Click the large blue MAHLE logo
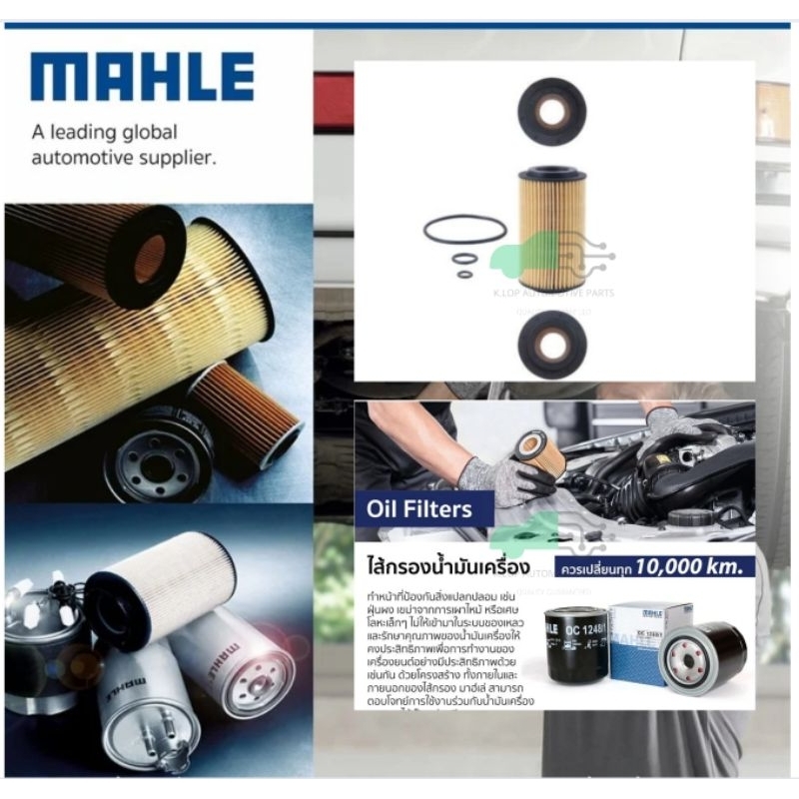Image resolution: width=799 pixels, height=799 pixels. (x=142, y=78)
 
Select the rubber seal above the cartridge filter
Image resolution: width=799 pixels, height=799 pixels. (x=551, y=111)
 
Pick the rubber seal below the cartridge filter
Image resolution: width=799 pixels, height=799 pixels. (x=551, y=344)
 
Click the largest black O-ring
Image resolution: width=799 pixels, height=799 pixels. (x=464, y=230)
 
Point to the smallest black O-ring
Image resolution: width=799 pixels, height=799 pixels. (x=464, y=274)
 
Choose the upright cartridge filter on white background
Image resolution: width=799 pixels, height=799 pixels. (x=552, y=229)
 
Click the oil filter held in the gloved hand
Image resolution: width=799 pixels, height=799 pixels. (x=539, y=454)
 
